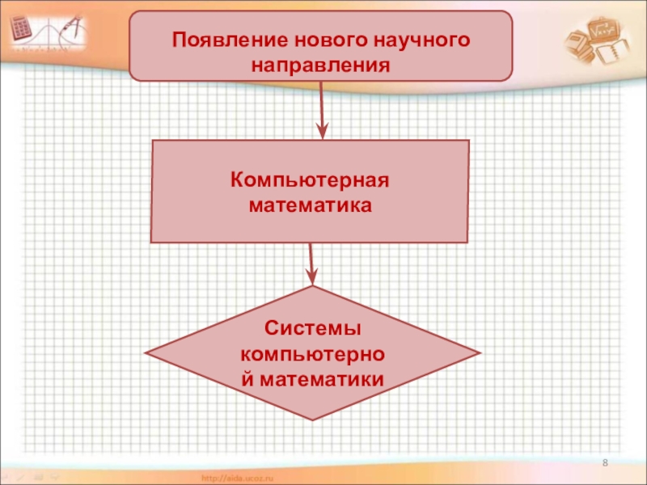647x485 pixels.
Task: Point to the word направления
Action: [321, 62]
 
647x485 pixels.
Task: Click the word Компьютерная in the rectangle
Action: [310, 179]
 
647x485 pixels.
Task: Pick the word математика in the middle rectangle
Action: [310, 205]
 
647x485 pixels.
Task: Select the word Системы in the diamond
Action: [311, 329]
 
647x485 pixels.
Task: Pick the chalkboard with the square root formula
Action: [603, 31]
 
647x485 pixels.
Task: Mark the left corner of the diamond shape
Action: [146, 354]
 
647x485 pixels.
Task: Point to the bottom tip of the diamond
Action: [312, 420]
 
